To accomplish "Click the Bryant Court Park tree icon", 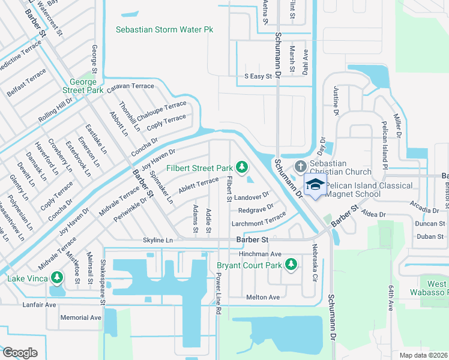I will [x=291, y=264].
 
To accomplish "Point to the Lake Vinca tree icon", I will [x=56, y=278].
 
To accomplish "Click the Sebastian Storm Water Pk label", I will [x=164, y=29].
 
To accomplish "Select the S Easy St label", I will [x=259, y=76].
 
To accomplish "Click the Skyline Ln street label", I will [x=157, y=240].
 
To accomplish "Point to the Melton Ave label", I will [x=262, y=297].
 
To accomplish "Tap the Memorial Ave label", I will [x=81, y=317].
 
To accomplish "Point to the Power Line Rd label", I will [x=218, y=295].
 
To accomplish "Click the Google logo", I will [x=20, y=352].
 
